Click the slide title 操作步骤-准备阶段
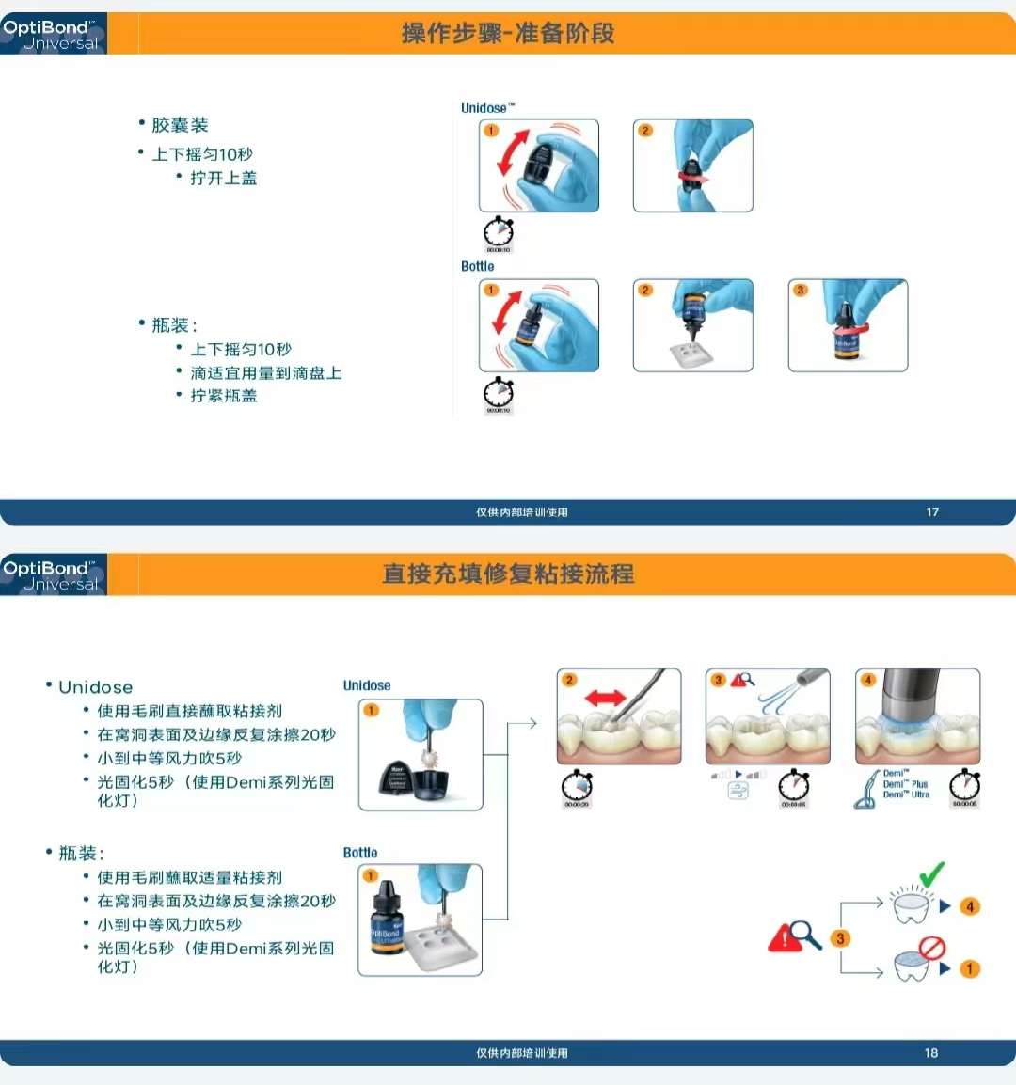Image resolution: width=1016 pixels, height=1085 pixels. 508,34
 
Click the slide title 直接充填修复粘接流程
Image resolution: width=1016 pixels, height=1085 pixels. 508,574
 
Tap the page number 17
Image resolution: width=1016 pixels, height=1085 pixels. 932,512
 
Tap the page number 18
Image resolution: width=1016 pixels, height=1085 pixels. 930,1053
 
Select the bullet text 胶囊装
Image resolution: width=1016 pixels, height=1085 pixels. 180,125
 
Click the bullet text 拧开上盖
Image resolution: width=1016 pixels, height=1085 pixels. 223,178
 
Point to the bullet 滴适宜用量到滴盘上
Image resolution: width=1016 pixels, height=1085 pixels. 265,373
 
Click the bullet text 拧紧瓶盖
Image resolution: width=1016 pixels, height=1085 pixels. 223,396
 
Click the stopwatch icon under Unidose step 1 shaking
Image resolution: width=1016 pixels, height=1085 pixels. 499,232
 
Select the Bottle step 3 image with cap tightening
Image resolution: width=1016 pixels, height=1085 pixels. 848,325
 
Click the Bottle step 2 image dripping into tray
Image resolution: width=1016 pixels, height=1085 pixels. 693,325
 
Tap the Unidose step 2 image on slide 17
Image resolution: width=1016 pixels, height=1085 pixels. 693,165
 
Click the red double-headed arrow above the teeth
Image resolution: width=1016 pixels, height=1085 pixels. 605,698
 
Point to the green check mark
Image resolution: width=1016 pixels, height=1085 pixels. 931,875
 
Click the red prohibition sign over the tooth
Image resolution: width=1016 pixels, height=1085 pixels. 931,947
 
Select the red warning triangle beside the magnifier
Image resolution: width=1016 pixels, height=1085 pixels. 784,937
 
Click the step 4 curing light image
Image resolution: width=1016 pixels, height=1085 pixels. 917,716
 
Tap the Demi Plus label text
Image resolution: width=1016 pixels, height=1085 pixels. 905,784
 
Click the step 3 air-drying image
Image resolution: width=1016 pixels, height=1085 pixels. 768,716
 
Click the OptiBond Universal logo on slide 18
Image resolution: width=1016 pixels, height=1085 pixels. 53,574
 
